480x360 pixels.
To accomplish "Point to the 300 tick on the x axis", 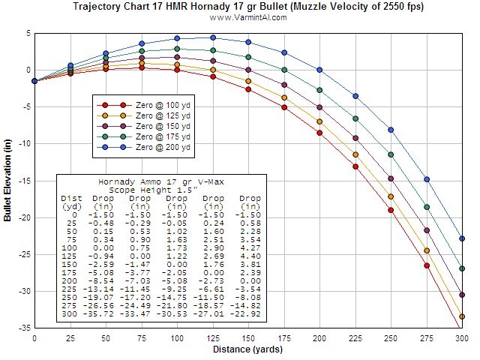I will (461, 339).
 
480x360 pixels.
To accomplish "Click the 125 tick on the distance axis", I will (212, 339).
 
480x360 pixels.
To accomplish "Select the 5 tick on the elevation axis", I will (27, 33).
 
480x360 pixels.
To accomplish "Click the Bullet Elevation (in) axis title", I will (7, 180).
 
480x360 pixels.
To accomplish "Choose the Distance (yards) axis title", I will (247, 349).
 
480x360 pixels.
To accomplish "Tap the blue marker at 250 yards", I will (391, 130).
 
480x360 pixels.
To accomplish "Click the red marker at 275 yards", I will (427, 265).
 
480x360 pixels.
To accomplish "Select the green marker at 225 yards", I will (355, 118).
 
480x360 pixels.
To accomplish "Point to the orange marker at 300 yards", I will (462, 316).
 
